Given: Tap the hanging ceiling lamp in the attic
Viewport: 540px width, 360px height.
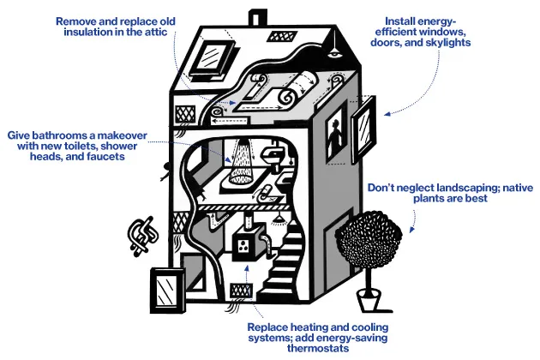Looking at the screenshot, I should tap(333, 54).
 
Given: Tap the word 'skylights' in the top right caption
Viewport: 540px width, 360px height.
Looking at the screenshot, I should tap(447, 43).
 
